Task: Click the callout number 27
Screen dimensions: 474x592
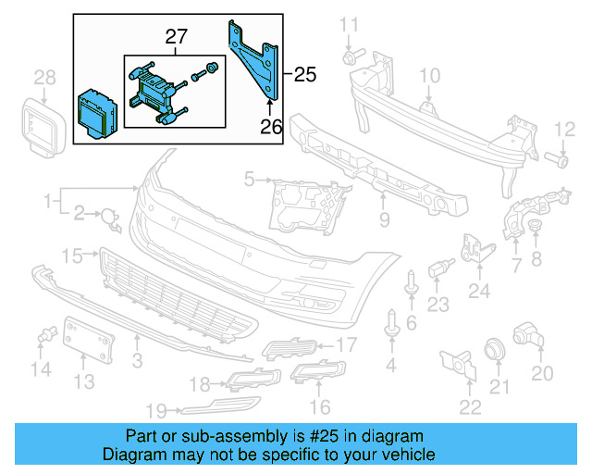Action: click(x=176, y=37)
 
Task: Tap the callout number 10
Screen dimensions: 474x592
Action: click(x=431, y=75)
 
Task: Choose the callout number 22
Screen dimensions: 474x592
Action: click(x=470, y=406)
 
